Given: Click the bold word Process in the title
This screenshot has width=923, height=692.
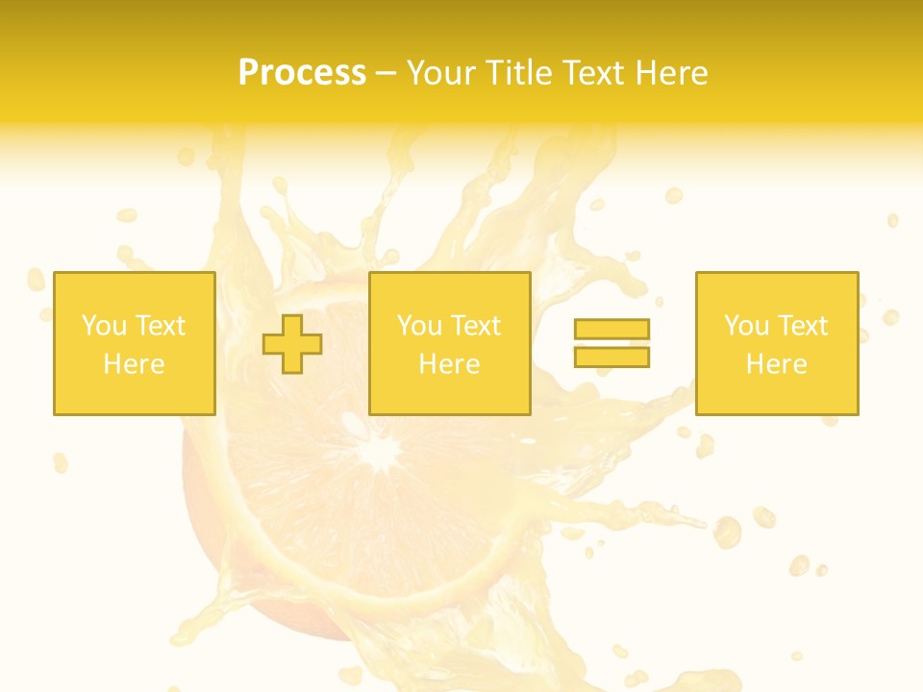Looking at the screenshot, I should pyautogui.click(x=302, y=73).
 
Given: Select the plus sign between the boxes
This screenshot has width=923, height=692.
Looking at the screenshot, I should pyautogui.click(x=292, y=343).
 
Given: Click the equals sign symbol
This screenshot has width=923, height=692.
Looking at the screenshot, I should pyautogui.click(x=611, y=343).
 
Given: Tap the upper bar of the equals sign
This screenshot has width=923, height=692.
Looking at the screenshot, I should pyautogui.click(x=611, y=330).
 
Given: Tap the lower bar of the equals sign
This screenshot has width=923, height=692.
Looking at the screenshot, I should pyautogui.click(x=611, y=357).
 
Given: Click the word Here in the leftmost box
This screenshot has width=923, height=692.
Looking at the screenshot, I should pyautogui.click(x=135, y=364).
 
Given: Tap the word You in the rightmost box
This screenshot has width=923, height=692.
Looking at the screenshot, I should pyautogui.click(x=746, y=326).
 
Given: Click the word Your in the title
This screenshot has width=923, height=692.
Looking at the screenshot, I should pyautogui.click(x=441, y=73).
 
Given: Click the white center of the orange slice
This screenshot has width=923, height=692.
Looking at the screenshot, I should pyautogui.click(x=384, y=448).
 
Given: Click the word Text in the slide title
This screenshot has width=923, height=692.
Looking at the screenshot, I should pyautogui.click(x=590, y=73).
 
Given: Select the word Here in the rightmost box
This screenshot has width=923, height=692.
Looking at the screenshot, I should pyautogui.click(x=777, y=364).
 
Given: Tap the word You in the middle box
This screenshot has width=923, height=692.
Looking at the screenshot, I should pyautogui.click(x=419, y=326).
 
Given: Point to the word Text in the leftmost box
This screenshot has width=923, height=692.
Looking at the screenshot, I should pyautogui.click(x=160, y=326).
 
